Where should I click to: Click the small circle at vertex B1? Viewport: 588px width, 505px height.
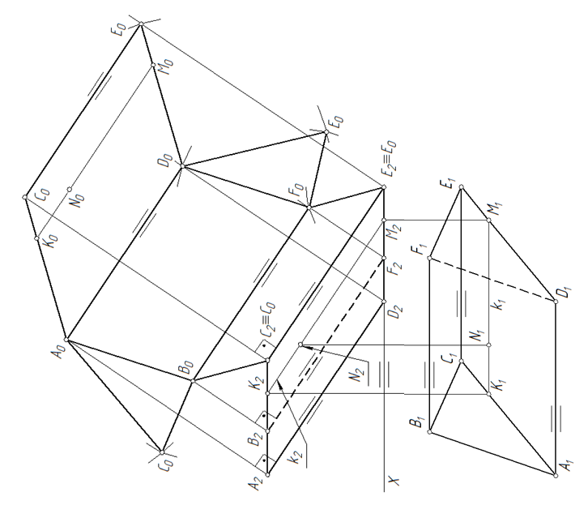pos(430,431)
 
